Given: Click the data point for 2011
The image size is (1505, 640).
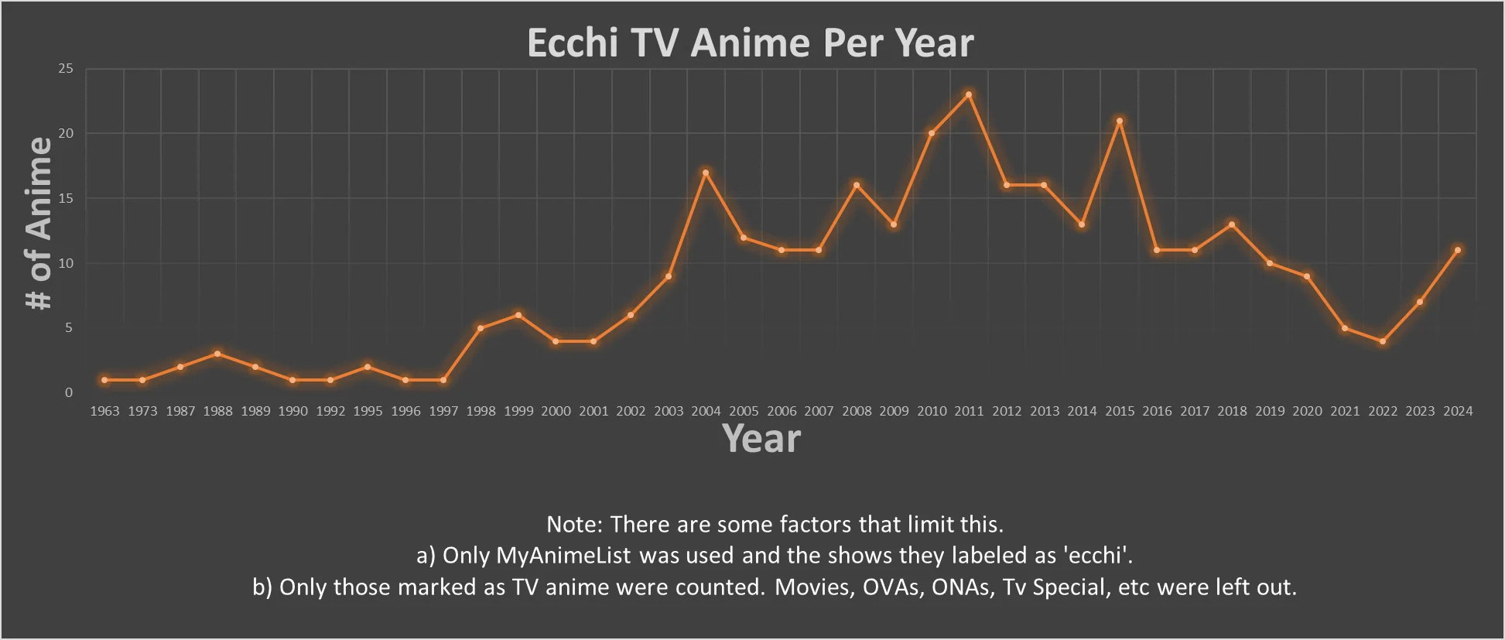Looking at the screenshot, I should [x=969, y=95].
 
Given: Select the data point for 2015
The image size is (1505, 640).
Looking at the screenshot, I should [x=1120, y=121].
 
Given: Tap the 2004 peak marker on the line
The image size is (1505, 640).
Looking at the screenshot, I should [x=706, y=173].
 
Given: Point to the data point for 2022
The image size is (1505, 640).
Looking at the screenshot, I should [x=1383, y=341].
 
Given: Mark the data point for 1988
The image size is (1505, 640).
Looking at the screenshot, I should [x=217, y=354].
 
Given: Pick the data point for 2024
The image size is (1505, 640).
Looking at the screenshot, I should [x=1458, y=250].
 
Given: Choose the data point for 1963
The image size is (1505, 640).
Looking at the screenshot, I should [x=104, y=380].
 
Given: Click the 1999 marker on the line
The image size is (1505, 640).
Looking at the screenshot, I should [x=518, y=315].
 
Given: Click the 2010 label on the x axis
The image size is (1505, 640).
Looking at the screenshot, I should [x=932, y=411].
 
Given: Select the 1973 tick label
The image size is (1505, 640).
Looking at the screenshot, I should [x=142, y=411].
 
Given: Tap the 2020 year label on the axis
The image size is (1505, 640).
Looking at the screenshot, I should [x=1308, y=411].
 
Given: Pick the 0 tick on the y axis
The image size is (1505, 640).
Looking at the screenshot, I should [x=69, y=392].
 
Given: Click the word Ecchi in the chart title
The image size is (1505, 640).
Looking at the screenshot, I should [x=573, y=43].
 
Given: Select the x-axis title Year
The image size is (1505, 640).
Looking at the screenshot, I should [x=761, y=439].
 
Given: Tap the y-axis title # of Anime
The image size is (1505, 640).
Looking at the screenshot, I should [x=39, y=224].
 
